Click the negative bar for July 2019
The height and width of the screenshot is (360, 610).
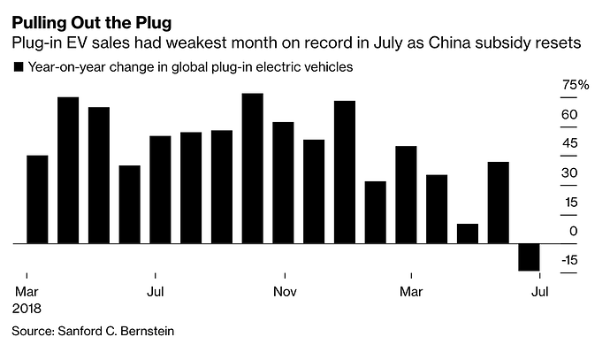pos(529,257)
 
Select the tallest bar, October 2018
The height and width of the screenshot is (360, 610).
pos(252,168)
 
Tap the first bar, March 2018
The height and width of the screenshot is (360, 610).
pos(37,199)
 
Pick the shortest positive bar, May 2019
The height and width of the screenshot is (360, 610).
pos(468,234)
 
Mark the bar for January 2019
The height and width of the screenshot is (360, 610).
pos(345,172)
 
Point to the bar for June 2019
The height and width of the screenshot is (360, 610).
pos(499,203)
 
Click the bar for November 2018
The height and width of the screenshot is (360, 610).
pos(283,182)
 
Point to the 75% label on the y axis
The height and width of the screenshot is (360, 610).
pos(576,86)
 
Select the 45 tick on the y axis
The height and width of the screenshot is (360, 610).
pos(570,144)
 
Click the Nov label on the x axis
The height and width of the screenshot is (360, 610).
pos(284,291)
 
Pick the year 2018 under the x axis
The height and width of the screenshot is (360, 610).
pos(27,308)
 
